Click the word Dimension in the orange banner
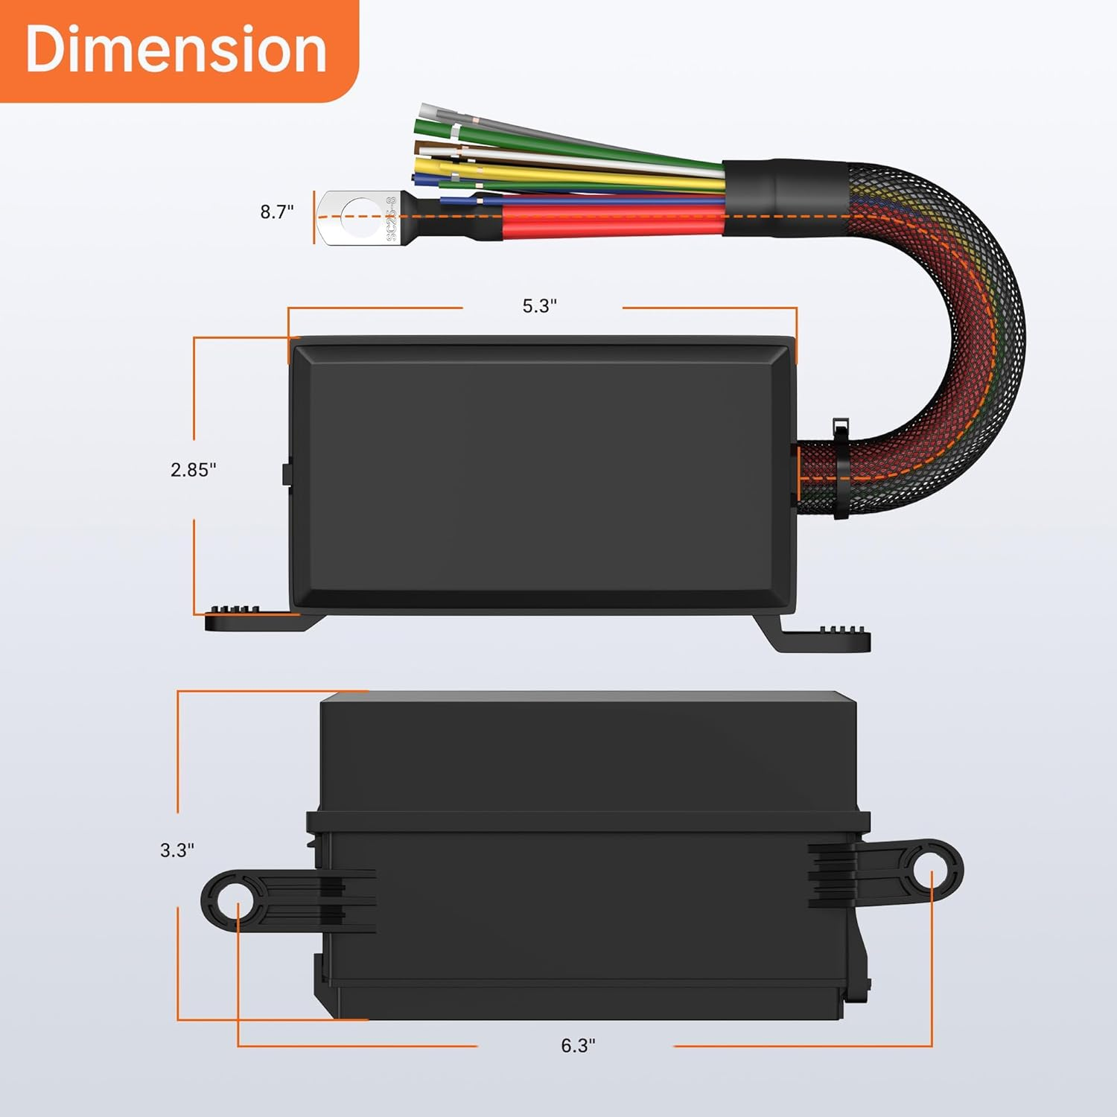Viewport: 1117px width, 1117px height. pos(176,49)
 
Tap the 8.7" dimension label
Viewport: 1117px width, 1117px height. pos(276,212)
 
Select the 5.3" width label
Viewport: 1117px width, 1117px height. pos(540,306)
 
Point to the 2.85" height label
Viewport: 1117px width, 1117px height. pos(193,470)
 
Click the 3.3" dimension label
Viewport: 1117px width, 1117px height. pos(177,850)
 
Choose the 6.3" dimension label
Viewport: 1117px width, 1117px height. pos(578,1046)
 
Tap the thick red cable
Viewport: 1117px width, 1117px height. pos(611,221)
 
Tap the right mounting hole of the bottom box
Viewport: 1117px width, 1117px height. pos(932,869)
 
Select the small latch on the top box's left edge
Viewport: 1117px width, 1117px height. pos(285,474)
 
